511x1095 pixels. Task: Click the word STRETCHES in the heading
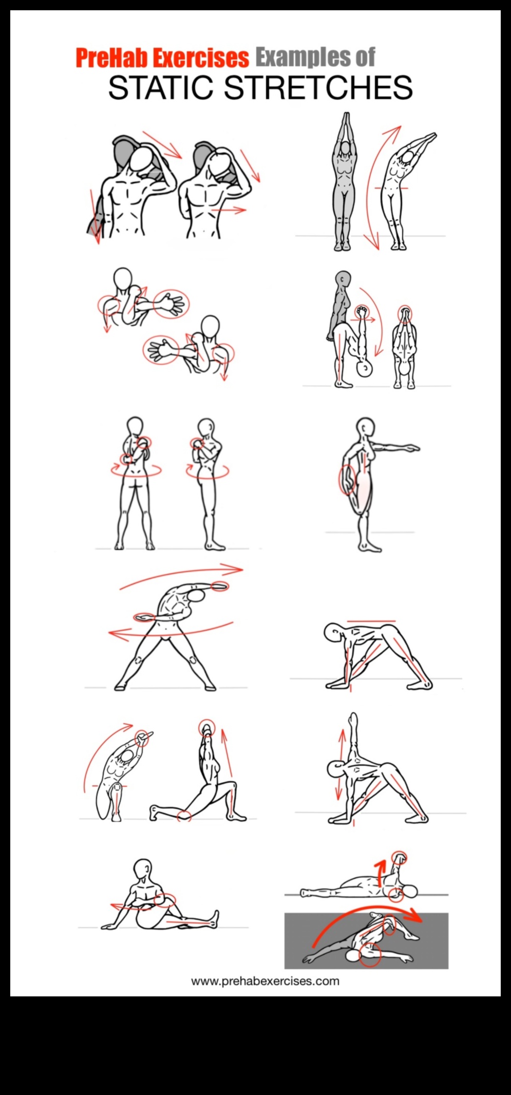pyautogui.click(x=318, y=87)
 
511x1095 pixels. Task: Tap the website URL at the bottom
pyautogui.click(x=265, y=981)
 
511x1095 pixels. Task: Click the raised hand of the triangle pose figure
pyautogui.click(x=353, y=719)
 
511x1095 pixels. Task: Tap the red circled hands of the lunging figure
pyautogui.click(x=206, y=727)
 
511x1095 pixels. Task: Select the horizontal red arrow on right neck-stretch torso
pyautogui.click(x=229, y=210)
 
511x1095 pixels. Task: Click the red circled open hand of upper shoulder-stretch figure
pyautogui.click(x=171, y=304)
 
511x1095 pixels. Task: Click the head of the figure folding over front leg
pyautogui.click(x=333, y=632)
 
